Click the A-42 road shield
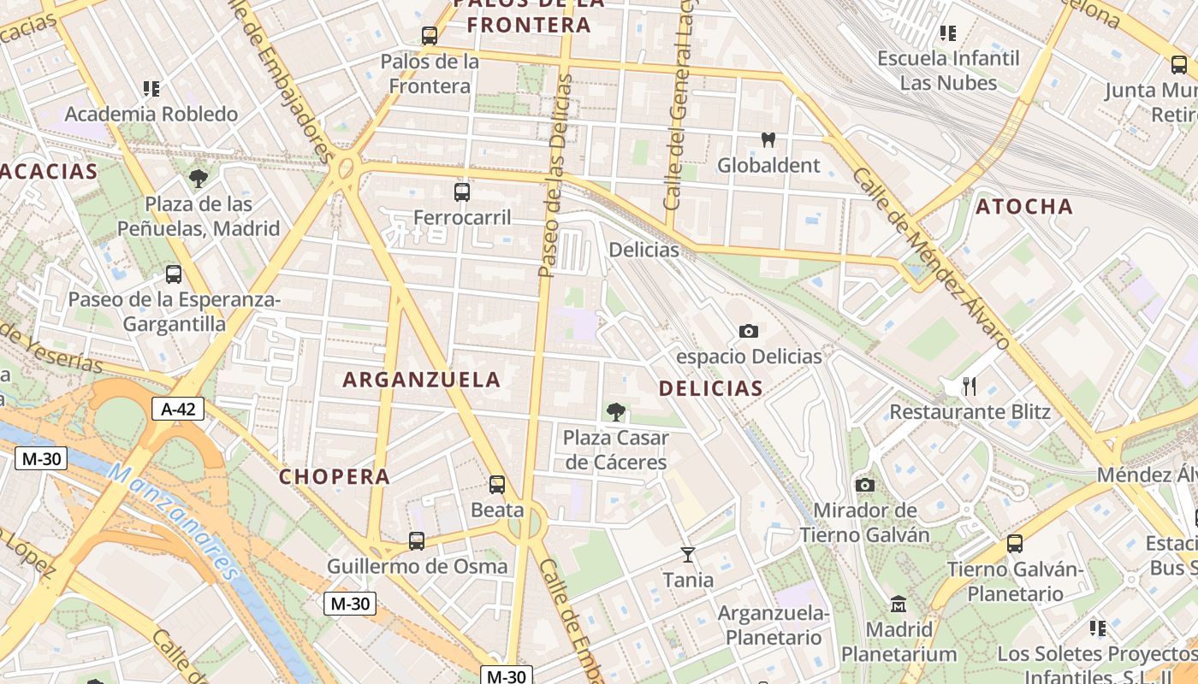(x=178, y=409)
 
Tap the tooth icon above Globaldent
(x=768, y=139)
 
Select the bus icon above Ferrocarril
(x=462, y=192)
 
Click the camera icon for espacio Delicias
(x=749, y=331)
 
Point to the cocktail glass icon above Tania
(x=687, y=555)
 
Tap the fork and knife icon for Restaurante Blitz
(x=970, y=386)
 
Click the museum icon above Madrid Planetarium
(x=898, y=604)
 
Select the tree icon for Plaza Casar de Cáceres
(x=615, y=412)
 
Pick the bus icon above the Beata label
(x=497, y=485)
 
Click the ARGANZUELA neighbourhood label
(x=422, y=380)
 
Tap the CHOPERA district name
(x=335, y=477)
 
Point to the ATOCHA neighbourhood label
(x=1024, y=206)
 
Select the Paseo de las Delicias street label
(x=555, y=175)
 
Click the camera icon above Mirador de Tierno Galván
(x=865, y=486)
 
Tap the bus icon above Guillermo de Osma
(x=417, y=540)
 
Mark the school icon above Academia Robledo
(x=151, y=88)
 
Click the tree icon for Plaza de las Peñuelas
(x=199, y=179)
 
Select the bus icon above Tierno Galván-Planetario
(x=1015, y=543)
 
